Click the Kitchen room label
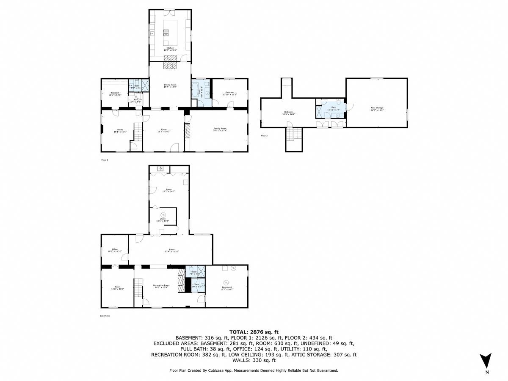coord(170,48)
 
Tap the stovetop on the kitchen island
coord(166,31)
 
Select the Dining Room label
coord(170,85)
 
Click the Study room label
coord(118,130)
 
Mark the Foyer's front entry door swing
coord(174,147)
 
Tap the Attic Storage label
coord(377,108)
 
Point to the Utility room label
coord(163,219)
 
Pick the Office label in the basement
coord(115,249)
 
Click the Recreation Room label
coord(161,285)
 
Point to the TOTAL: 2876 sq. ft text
coord(254,332)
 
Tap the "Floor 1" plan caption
coord(105,160)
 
